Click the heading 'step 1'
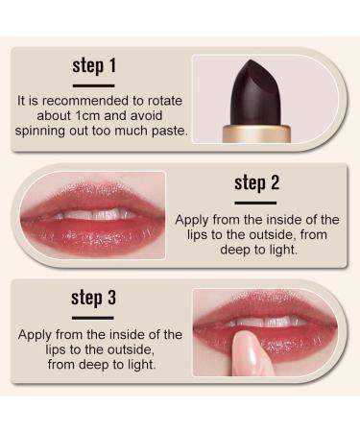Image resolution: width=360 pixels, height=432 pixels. click(94, 66)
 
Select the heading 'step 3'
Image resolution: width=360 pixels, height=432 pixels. click(93, 297)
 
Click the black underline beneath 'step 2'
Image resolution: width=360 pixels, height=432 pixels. click(254, 201)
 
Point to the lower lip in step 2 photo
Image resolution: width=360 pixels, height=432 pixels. click(91, 234)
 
